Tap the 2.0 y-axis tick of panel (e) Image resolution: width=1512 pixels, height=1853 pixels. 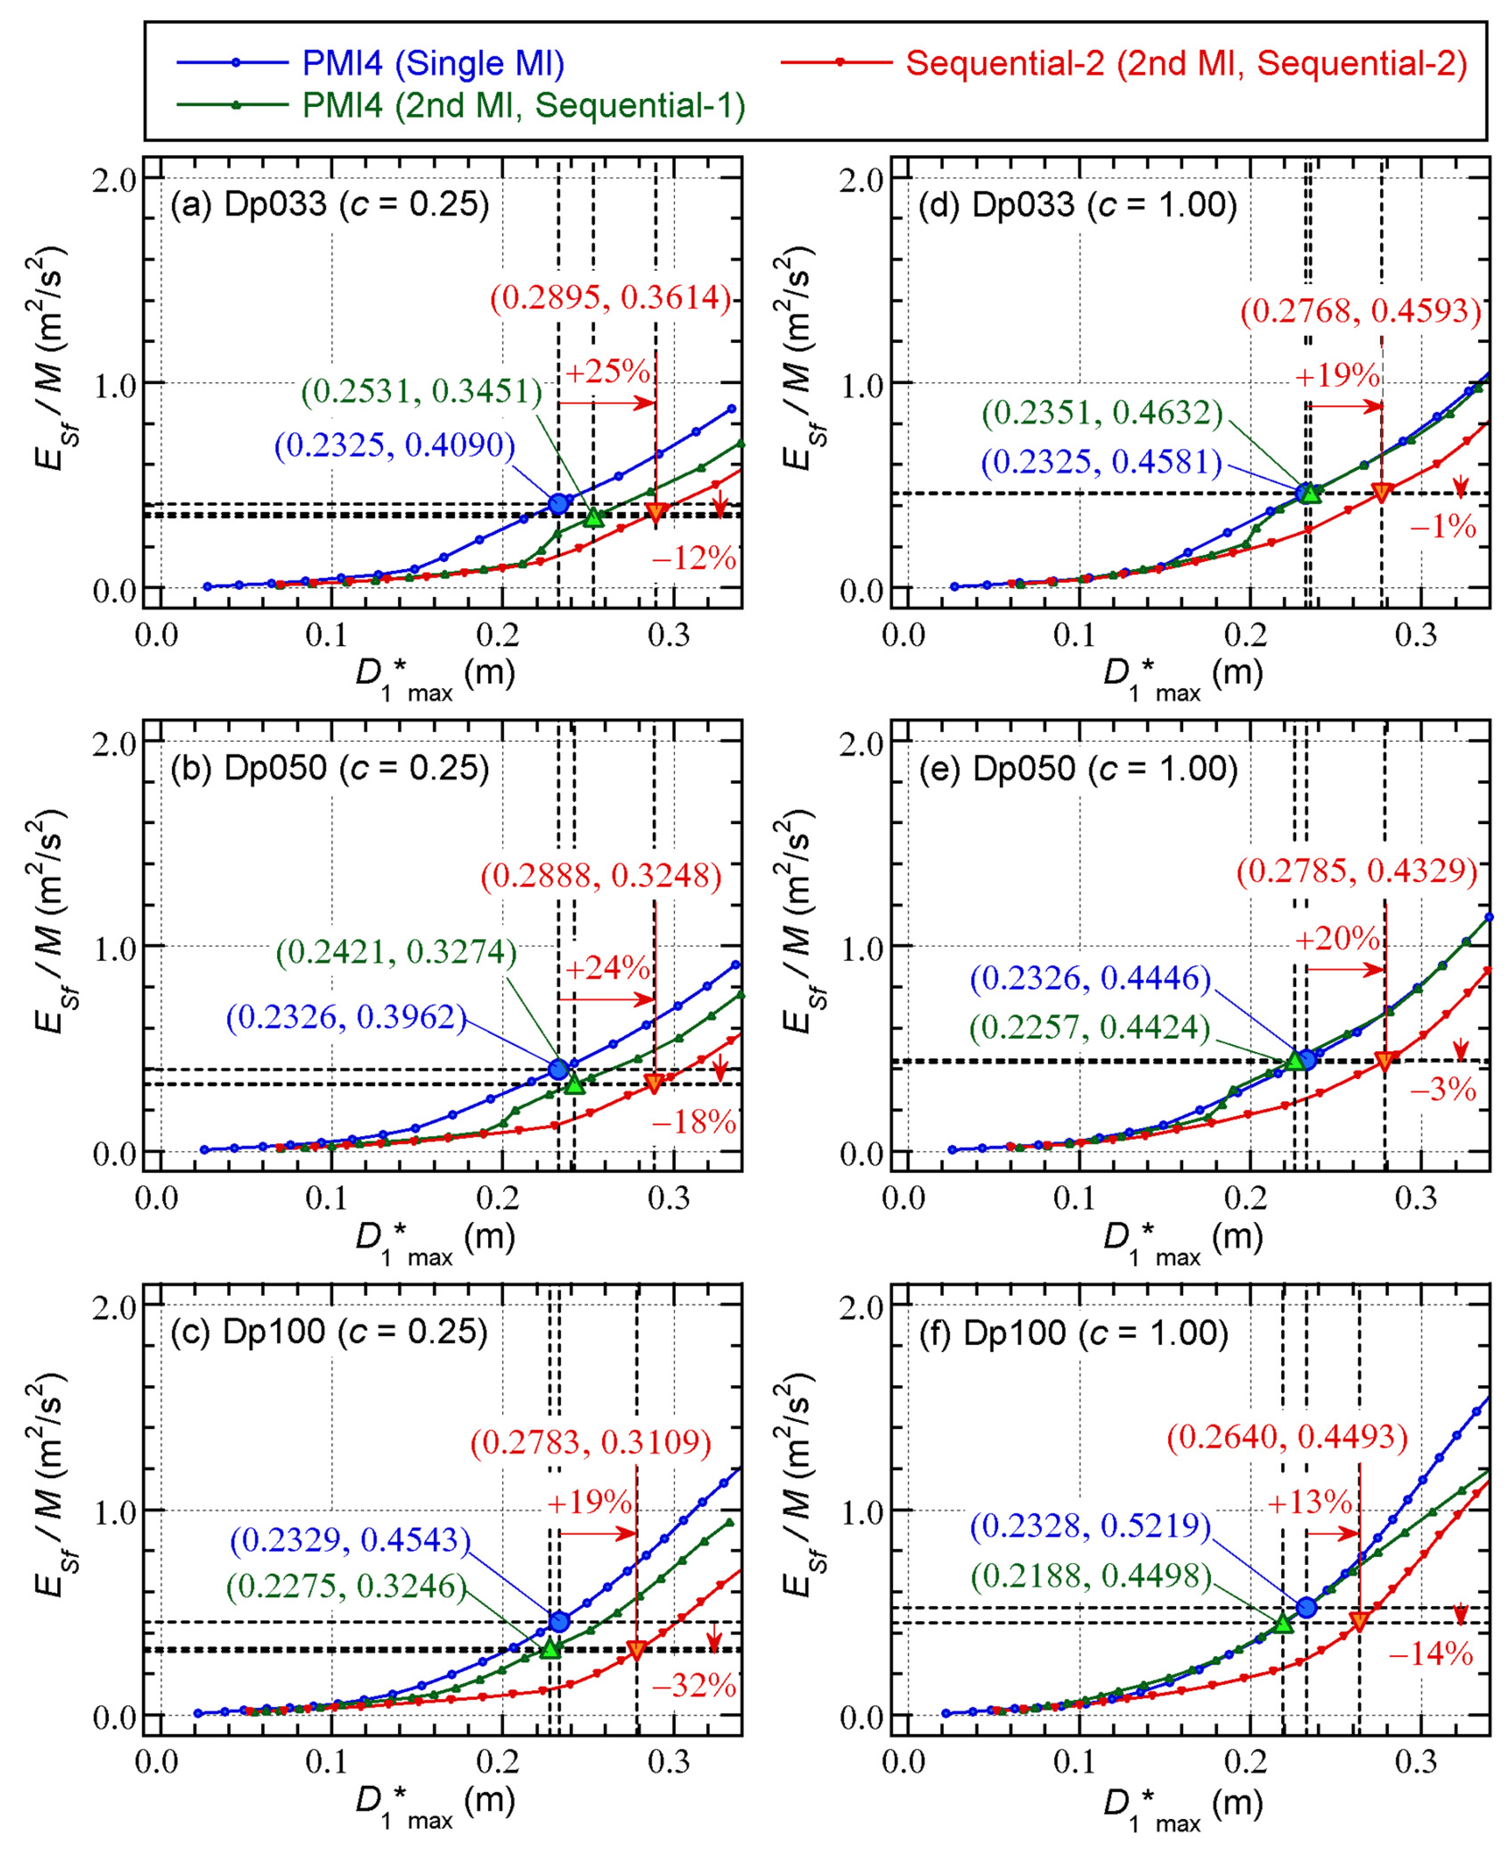click(x=860, y=743)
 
